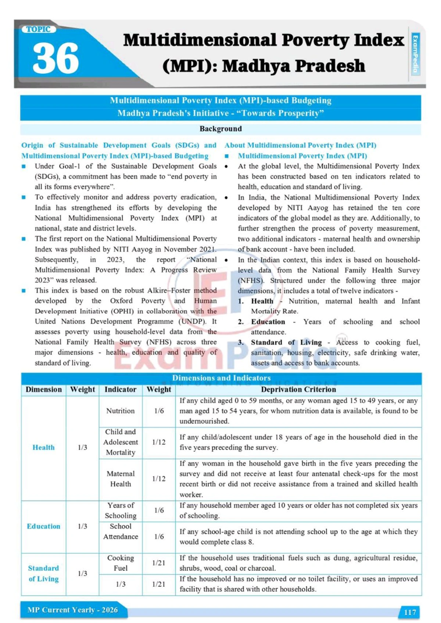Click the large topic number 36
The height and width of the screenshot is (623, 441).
click(x=56, y=58)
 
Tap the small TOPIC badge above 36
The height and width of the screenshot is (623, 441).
click(x=38, y=29)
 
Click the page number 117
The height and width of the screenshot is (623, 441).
click(x=410, y=612)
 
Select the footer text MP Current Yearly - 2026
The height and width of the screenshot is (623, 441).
click(x=72, y=610)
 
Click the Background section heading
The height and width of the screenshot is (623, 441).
click(x=220, y=129)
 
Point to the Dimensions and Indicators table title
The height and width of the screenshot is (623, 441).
click(x=221, y=378)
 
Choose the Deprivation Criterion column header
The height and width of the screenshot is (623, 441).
click(x=298, y=390)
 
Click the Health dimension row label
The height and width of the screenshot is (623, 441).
click(x=43, y=447)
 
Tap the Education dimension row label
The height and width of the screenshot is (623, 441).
click(x=43, y=526)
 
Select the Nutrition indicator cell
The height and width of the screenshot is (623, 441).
click(x=121, y=411)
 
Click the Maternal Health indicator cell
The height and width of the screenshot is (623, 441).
click(x=121, y=479)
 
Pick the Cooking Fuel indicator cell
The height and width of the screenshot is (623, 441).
click(x=121, y=563)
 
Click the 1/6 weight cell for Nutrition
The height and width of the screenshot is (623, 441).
click(x=159, y=411)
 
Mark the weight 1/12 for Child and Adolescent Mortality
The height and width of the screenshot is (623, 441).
click(x=159, y=442)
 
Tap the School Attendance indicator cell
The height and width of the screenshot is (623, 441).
click(x=121, y=531)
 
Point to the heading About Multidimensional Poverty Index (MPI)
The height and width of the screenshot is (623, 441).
click(x=300, y=145)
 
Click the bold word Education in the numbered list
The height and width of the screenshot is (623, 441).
click(x=268, y=322)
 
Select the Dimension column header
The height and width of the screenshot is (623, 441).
click(x=44, y=390)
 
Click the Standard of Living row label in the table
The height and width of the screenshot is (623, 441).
click(x=43, y=573)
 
